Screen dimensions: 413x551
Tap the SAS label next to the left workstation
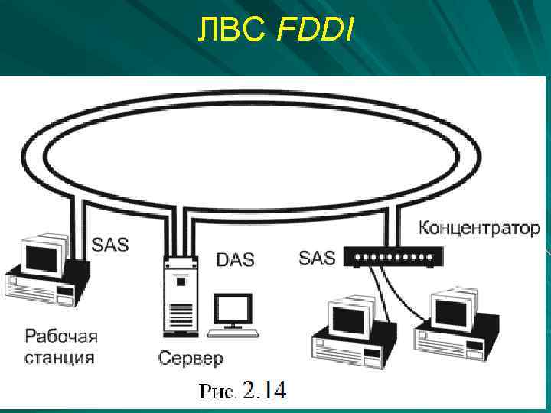click(110, 246)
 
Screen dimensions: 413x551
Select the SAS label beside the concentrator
click(317, 257)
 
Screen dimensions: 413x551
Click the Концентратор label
click(479, 228)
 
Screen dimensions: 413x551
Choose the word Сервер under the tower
click(191, 357)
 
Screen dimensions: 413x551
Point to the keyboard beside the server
click(233, 333)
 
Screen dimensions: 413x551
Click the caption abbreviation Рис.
click(218, 392)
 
